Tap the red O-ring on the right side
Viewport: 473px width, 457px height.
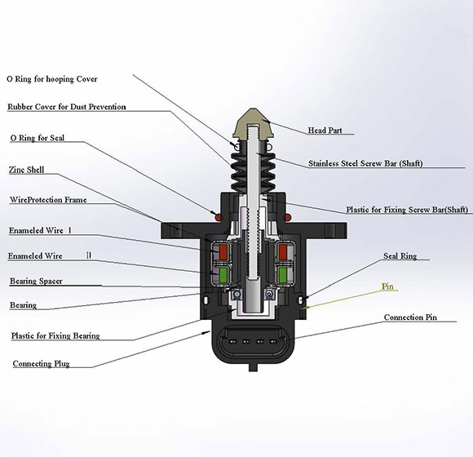[288, 217]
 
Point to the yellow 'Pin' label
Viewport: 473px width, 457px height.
[389, 287]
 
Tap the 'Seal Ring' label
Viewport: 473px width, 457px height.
[400, 256]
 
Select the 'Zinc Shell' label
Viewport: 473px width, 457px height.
[26, 170]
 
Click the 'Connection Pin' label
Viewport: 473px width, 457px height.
[416, 317]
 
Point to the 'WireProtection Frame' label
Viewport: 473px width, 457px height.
[47, 199]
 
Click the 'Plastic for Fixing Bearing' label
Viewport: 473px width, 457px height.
[55, 335]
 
